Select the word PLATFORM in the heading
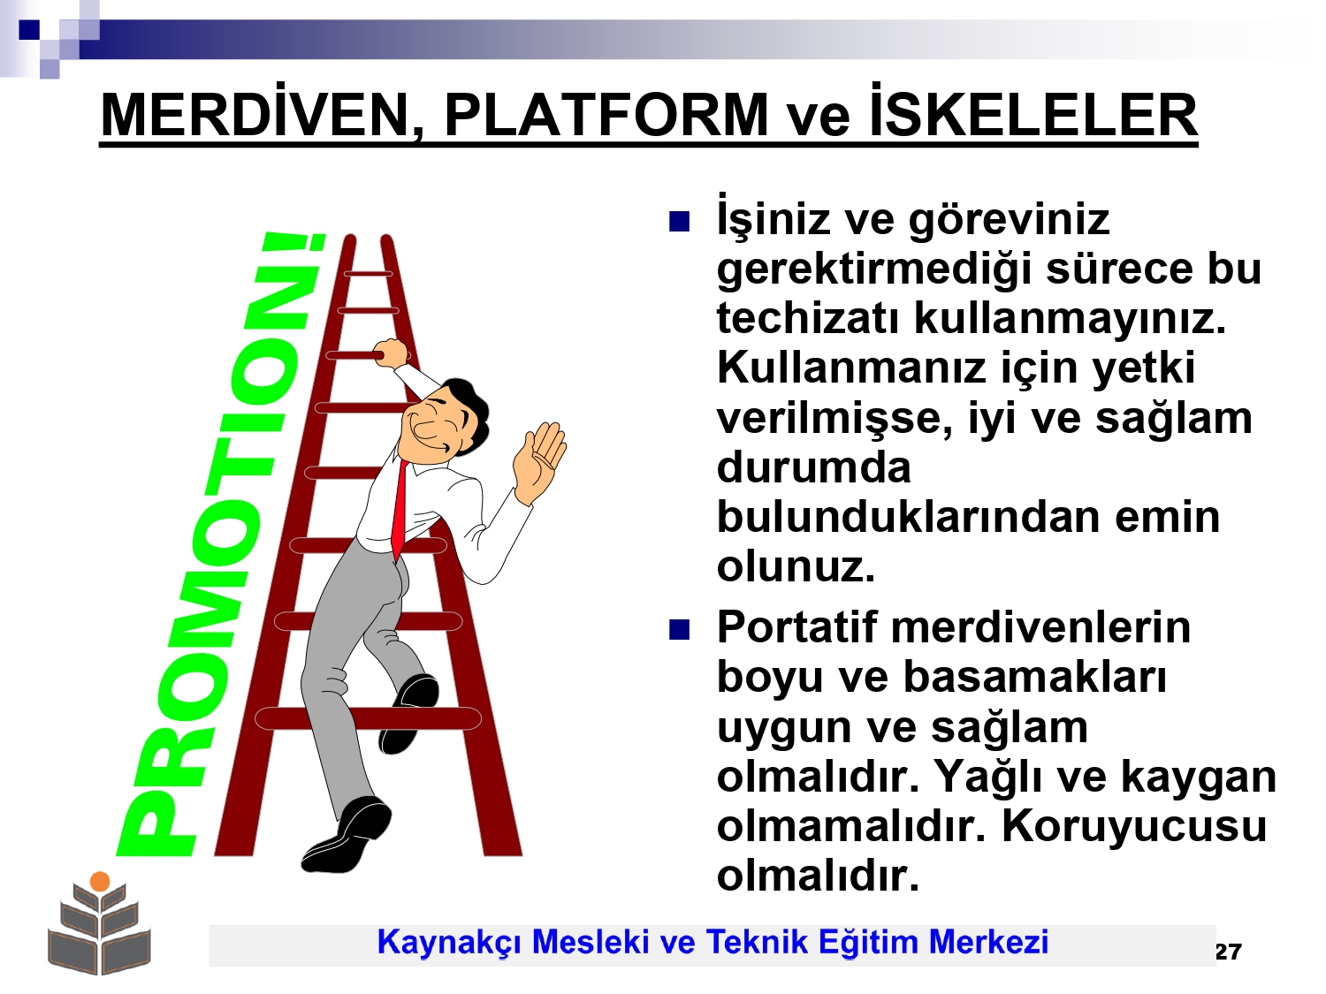pyautogui.click(x=606, y=115)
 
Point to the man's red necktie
pyautogui.click(x=400, y=511)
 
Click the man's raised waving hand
pyautogui.click(x=539, y=462)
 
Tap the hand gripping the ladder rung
pyautogui.click(x=390, y=353)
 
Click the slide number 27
pyautogui.click(x=1228, y=952)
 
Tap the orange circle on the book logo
pyautogui.click(x=100, y=882)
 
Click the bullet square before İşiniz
pyautogui.click(x=679, y=222)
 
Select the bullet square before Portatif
pyautogui.click(x=679, y=630)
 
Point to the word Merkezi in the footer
pyautogui.click(x=988, y=942)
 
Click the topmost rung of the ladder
pyautogui.click(x=368, y=274)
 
